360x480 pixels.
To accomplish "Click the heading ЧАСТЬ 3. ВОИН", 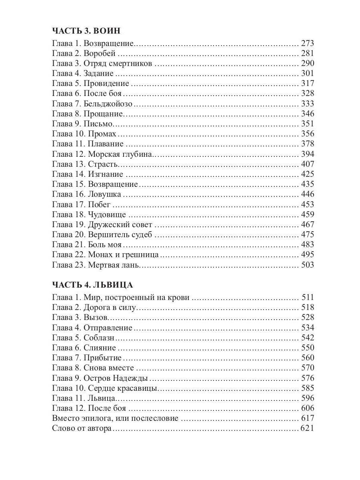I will tap(86, 31).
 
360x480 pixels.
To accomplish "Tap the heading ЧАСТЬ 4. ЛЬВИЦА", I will tap(92, 285).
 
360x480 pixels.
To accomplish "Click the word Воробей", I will tap(100, 53).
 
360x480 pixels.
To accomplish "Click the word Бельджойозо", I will tap(108, 104).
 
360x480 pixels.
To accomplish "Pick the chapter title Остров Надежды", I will tap(116, 378).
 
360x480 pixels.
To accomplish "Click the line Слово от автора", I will tap(82, 428).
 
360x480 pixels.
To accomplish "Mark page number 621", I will tap(308, 428).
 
